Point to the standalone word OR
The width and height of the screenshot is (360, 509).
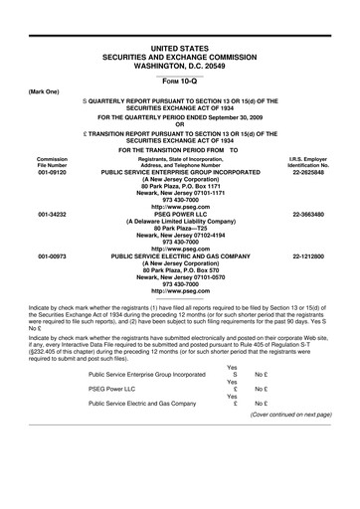pos(180,124)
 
